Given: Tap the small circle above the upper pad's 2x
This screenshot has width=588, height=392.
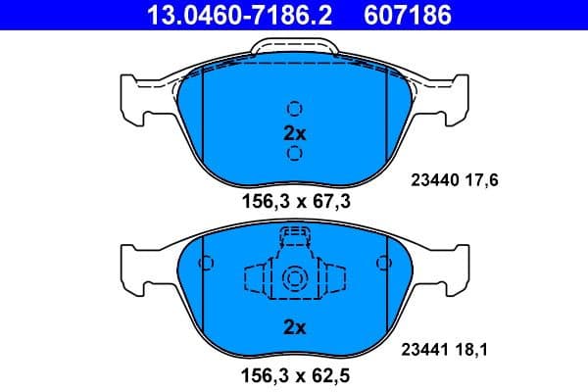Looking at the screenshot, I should coord(293,109).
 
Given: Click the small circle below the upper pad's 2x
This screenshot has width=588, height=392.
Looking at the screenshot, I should coord(293,153).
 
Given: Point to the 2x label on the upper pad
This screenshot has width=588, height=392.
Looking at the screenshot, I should coord(293,131).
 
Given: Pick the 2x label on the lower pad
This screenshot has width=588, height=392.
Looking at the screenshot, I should coord(293,327).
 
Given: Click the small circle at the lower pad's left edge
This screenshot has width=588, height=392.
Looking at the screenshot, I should coord(206,264).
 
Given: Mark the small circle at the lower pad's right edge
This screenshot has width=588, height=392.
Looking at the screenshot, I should coord(381,264).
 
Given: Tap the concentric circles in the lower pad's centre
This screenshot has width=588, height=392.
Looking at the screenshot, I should coord(293,280).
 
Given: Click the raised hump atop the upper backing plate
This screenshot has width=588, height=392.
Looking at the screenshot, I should coord(293,46).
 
